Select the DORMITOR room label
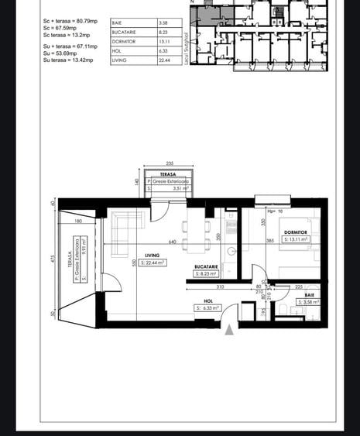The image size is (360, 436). coord(295,232)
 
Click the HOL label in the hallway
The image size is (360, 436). coord(207,300)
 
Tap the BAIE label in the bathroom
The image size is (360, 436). coord(309,295)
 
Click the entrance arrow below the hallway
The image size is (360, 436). coord(229,330)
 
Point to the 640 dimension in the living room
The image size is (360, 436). coord(173,242)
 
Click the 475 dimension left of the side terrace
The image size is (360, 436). coord(52,259)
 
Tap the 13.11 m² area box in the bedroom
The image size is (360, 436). coord(297,240)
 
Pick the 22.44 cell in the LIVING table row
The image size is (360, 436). coord(164,60)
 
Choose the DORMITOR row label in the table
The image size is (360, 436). coord(124,42)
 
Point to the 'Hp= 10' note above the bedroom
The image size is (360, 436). coord(275,211)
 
